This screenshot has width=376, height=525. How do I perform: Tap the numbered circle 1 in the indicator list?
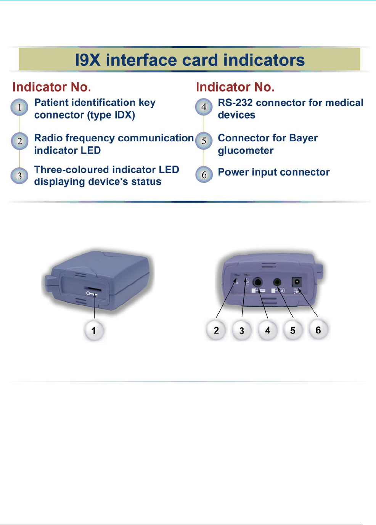[19, 107]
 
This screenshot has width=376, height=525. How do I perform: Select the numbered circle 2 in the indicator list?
[19, 142]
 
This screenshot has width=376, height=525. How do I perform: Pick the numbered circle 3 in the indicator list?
[19, 176]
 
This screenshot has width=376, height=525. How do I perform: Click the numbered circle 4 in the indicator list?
[204, 107]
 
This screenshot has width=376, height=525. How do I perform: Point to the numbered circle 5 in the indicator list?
[204, 141]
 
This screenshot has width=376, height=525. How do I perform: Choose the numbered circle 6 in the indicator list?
[204, 175]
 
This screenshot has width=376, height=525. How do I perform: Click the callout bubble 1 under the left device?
[94, 330]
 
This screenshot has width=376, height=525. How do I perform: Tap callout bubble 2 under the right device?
[216, 330]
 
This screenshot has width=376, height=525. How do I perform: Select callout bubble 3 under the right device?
[242, 330]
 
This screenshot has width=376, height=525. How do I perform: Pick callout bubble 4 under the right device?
[267, 330]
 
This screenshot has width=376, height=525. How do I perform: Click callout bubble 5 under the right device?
[292, 330]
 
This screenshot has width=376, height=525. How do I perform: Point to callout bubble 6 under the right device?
[318, 330]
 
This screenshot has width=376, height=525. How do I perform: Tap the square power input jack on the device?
[297, 282]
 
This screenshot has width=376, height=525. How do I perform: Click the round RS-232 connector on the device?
[258, 283]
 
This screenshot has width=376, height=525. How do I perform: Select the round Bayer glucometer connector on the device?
[277, 282]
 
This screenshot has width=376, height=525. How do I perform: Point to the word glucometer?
[246, 151]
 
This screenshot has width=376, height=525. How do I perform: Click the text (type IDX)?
[111, 115]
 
